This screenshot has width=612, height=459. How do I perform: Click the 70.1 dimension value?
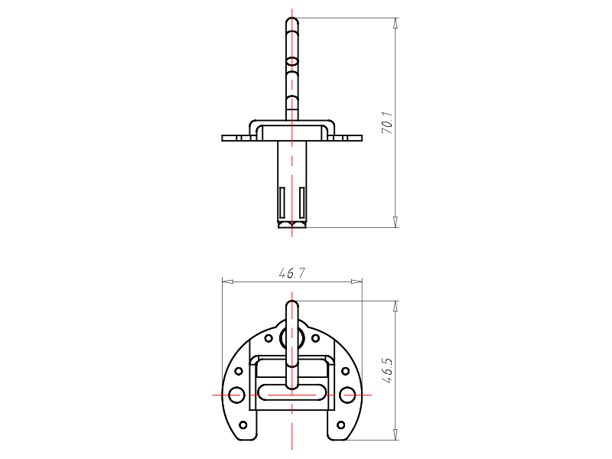click(x=387, y=122)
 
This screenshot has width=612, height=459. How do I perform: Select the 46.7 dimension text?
click(x=292, y=273)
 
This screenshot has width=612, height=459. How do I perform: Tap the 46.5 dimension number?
click(x=387, y=370)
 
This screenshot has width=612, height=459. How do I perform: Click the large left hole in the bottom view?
click(x=236, y=395)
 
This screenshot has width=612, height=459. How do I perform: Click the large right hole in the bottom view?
click(x=347, y=395)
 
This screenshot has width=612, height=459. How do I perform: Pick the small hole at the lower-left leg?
click(x=243, y=425)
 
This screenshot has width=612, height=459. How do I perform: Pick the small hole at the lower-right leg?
click(x=340, y=425)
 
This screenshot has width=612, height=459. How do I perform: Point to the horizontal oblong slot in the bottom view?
click(x=292, y=392)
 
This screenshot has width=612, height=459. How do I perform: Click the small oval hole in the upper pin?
click(x=292, y=62)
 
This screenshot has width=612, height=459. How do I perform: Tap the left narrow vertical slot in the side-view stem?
click(x=282, y=202)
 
